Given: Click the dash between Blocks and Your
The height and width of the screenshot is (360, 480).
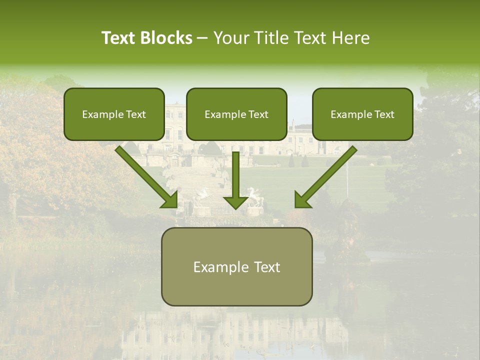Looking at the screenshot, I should pos(202,38).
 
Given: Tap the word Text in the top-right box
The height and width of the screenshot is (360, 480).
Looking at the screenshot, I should pos(384,114).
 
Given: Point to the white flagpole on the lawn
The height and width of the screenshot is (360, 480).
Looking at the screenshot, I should pos(347,180).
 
